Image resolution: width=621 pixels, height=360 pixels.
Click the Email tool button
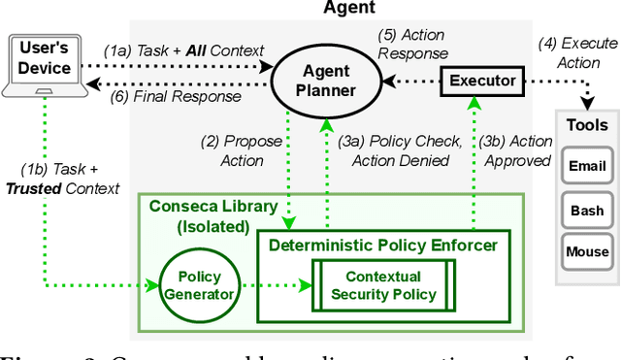pos(586,166)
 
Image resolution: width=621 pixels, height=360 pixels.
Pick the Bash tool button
pos(586,209)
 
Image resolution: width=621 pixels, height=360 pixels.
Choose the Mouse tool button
pos(586,252)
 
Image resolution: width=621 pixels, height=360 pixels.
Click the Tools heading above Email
pos(586,125)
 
